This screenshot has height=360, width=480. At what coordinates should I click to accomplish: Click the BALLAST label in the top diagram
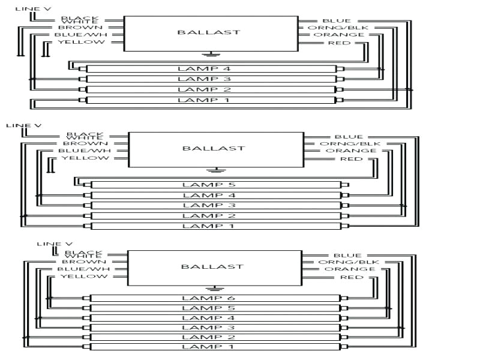point(200,32)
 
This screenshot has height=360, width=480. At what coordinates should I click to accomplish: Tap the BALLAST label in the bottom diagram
point(205,266)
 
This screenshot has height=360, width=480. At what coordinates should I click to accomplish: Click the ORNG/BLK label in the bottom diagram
point(340,262)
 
